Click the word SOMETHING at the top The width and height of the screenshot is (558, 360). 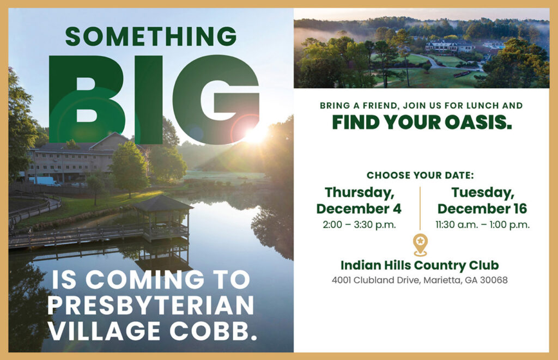(x=150, y=36)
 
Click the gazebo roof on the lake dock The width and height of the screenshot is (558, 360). (x=163, y=204)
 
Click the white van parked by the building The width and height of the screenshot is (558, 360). (x=44, y=181)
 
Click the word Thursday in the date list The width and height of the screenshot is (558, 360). (x=359, y=193)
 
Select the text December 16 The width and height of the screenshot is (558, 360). (x=482, y=209)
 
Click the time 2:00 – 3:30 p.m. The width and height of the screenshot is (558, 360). (x=359, y=224)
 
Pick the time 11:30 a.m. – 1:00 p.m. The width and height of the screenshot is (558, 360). (x=482, y=224)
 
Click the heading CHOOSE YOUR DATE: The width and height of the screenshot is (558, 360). (x=420, y=175)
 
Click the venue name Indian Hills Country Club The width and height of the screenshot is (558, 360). (x=420, y=265)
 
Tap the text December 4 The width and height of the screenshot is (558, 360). (x=359, y=209)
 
